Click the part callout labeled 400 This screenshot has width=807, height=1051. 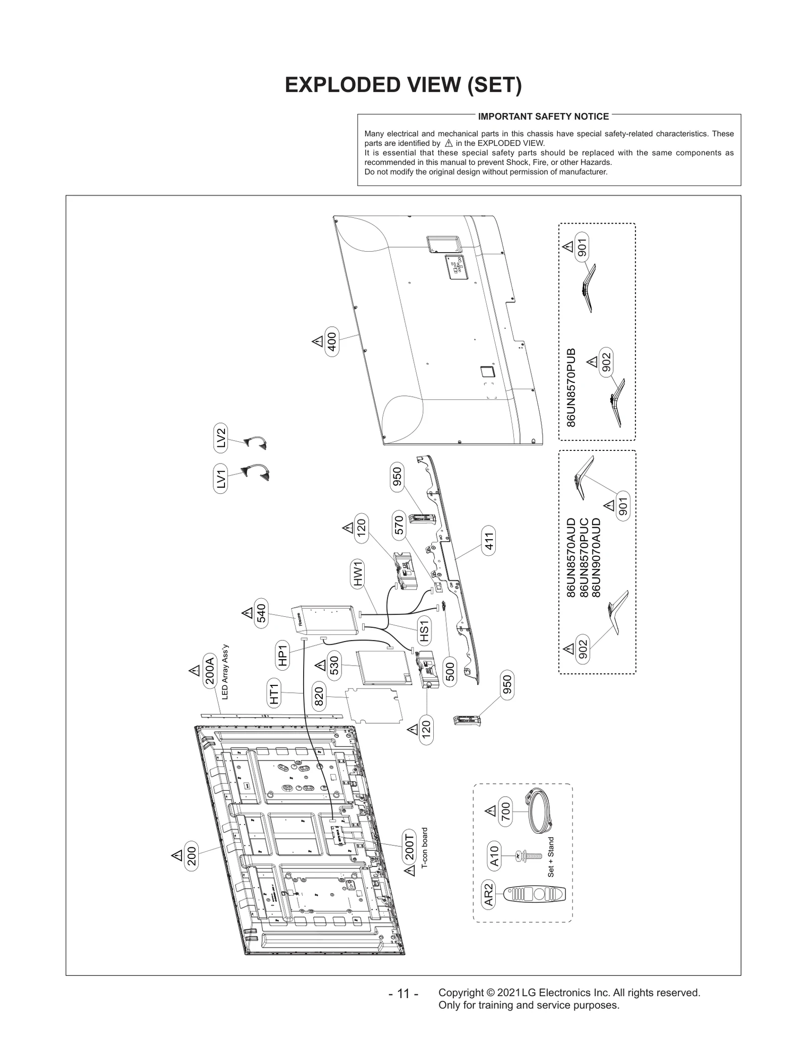[332, 341]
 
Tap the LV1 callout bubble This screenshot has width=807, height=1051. [220, 479]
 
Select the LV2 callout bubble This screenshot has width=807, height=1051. [220, 438]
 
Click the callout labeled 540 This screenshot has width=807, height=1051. [261, 613]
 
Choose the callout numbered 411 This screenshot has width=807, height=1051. [488, 541]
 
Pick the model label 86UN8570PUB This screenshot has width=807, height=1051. [571, 387]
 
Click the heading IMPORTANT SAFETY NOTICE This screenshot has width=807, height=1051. [543, 116]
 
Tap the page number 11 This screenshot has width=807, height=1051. [403, 994]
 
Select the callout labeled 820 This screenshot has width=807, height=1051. [319, 696]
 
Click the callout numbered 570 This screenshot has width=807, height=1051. [398, 525]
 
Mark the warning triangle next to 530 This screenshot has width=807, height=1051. [320, 666]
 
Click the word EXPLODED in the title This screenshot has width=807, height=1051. [340, 85]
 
